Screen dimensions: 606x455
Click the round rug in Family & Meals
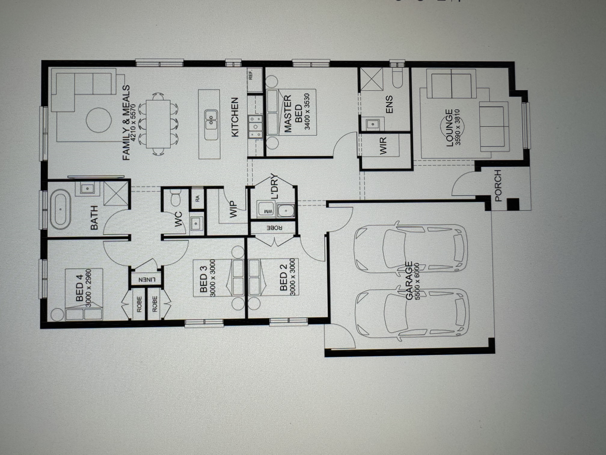point(99,120)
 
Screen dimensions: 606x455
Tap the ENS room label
point(389,104)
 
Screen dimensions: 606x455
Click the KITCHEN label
point(235,117)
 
